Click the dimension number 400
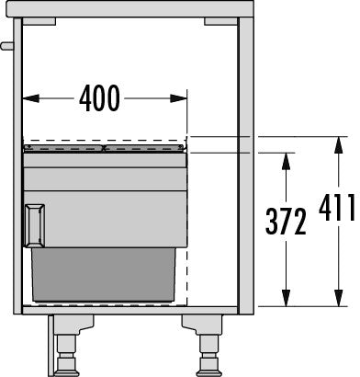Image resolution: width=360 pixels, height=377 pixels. (x=99, y=97)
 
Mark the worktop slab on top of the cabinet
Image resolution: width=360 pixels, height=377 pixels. (x=129, y=7)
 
